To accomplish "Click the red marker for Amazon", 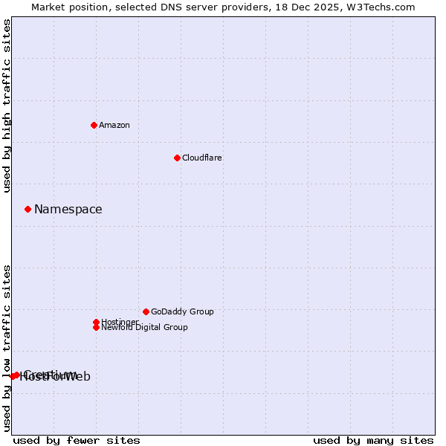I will pos(94,125).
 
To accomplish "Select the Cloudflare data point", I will pos(177,158).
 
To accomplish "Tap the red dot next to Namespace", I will pos(28,209).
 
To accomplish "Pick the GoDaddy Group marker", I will pos(146,311).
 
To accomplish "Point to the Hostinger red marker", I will pos(96,322).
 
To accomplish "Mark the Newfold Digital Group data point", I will pos(96,327).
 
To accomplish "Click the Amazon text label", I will pos(114,125).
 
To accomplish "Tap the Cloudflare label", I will pos(201,158).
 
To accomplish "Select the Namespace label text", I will pos(68,209).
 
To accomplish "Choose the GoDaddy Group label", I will pos(182,311).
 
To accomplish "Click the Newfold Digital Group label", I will pos(144,327).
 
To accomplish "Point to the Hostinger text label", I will pos(120,322).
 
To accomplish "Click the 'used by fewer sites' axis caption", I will pos(77,440).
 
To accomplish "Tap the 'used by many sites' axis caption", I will pos(373,440).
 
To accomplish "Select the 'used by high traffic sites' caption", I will pos(7,106).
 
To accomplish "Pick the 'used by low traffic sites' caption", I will pos(7,347).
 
